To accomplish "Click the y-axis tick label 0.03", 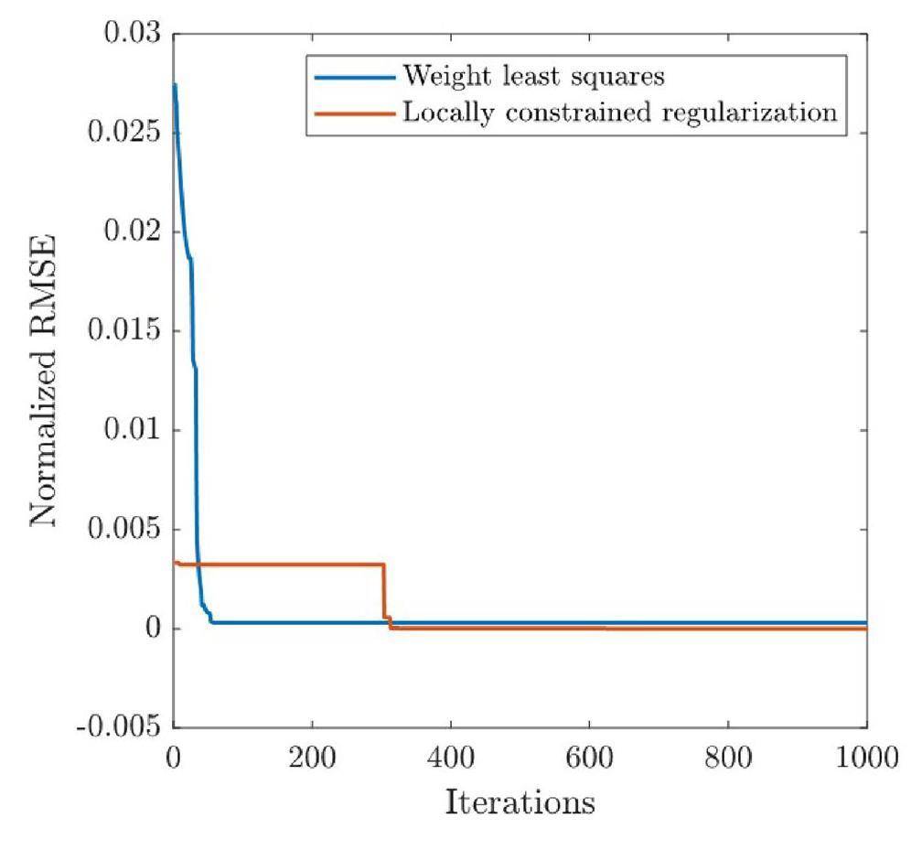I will pyautogui.click(x=132, y=34).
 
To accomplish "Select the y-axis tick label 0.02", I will pyautogui.click(x=132, y=231).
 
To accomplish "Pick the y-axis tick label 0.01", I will pyautogui.click(x=132, y=430).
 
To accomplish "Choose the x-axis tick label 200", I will pyautogui.click(x=312, y=759).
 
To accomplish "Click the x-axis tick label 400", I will pyautogui.click(x=450, y=759).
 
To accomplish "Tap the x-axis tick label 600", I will pyautogui.click(x=589, y=759).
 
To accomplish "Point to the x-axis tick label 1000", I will pyautogui.click(x=864, y=759).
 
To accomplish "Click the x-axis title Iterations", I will pyautogui.click(x=520, y=802).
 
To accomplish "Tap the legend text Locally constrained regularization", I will pyautogui.click(x=620, y=113).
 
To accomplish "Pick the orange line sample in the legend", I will pyautogui.click(x=355, y=113).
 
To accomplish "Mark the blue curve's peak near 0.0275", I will pyautogui.click(x=174, y=85).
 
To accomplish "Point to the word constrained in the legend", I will pyautogui.click(x=574, y=113).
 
